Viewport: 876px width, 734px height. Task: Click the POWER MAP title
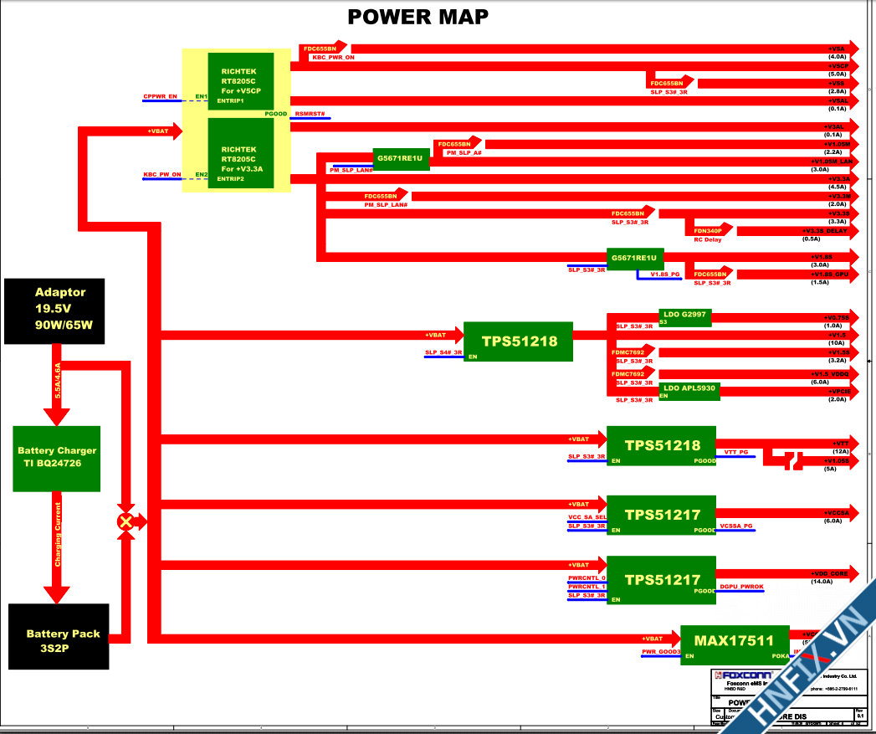point(418,17)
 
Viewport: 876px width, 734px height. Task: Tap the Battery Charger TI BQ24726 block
point(57,458)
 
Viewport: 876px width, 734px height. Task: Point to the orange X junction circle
point(126,521)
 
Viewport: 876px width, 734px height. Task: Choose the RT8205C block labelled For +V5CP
point(241,81)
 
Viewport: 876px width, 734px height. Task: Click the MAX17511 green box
point(735,641)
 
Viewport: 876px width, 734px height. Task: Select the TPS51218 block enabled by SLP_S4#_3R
point(518,341)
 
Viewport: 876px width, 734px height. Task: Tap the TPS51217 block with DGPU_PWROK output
point(661,579)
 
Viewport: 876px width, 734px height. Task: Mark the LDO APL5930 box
point(688,389)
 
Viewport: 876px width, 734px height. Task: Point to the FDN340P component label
point(708,230)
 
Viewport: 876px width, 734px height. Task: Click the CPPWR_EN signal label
point(161,96)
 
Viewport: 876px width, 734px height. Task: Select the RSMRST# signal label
point(310,113)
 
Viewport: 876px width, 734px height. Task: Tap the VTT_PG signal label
point(736,452)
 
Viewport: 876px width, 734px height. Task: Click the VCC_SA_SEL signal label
point(587,518)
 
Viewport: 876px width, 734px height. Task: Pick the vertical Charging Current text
point(58,534)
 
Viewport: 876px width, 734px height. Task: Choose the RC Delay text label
point(707,240)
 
